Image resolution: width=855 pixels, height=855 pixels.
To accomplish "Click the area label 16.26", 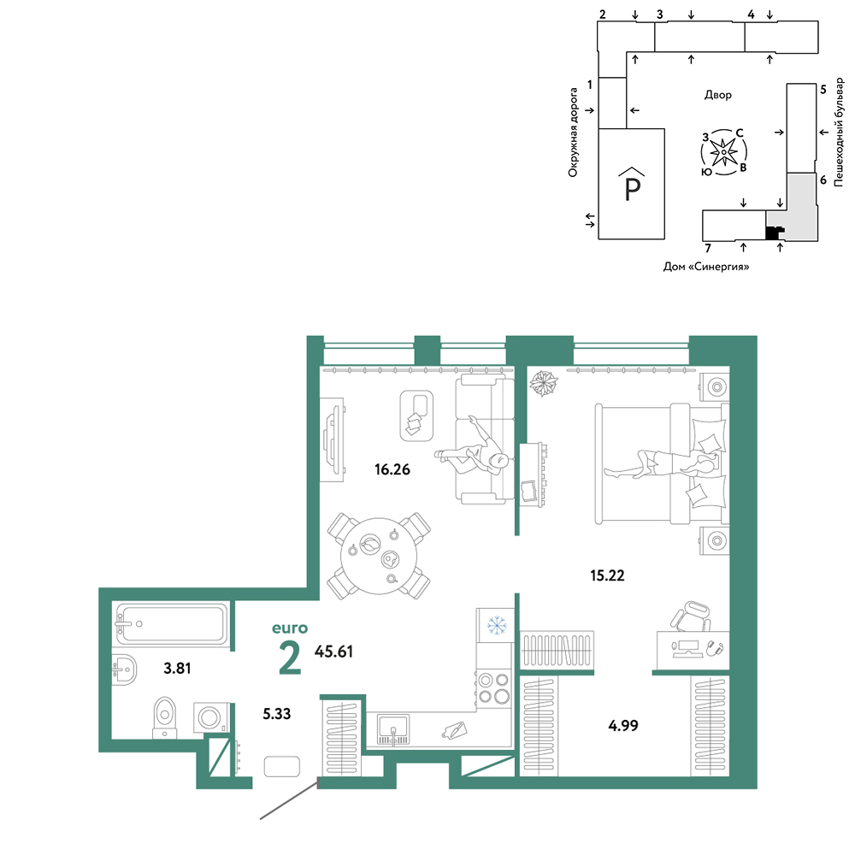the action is tap(392, 469).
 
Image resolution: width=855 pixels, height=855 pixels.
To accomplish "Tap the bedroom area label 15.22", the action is tap(607, 575).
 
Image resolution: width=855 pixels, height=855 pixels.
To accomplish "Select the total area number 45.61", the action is tap(333, 651).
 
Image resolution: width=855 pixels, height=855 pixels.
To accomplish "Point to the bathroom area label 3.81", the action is tap(177, 668).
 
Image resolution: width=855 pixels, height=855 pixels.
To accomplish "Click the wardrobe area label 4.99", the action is tap(623, 725).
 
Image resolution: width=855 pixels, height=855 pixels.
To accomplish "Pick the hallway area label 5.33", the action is tap(277, 713).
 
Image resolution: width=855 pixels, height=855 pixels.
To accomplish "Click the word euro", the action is tap(290, 628).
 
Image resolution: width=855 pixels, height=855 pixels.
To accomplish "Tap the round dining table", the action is tap(379, 556).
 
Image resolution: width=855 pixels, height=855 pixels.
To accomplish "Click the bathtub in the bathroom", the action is tap(171, 623).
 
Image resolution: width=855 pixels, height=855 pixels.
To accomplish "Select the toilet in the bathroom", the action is tap(165, 717).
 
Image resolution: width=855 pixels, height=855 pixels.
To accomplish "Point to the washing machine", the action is tap(211, 717).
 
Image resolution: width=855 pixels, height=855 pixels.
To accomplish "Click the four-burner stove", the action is tap(493, 688).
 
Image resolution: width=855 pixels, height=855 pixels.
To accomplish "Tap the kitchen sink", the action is tap(393, 729).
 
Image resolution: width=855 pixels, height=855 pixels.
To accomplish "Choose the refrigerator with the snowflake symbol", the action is tap(495, 626).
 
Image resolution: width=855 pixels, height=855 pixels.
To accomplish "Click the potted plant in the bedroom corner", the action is tap(544, 383).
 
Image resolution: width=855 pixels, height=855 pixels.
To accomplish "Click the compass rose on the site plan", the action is tap(723, 152).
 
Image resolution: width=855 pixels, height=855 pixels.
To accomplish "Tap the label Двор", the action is tap(717, 95).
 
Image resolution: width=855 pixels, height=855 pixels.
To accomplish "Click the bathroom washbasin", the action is tap(124, 669).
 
